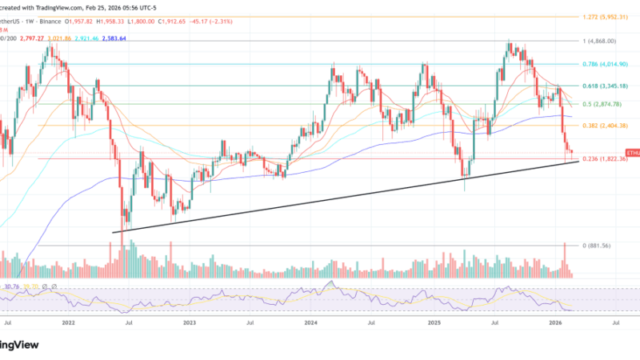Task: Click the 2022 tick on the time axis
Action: tap(69, 323)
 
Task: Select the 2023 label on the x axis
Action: tap(190, 323)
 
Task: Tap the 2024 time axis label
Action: tap(311, 323)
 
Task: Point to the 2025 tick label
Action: tap(434, 323)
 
